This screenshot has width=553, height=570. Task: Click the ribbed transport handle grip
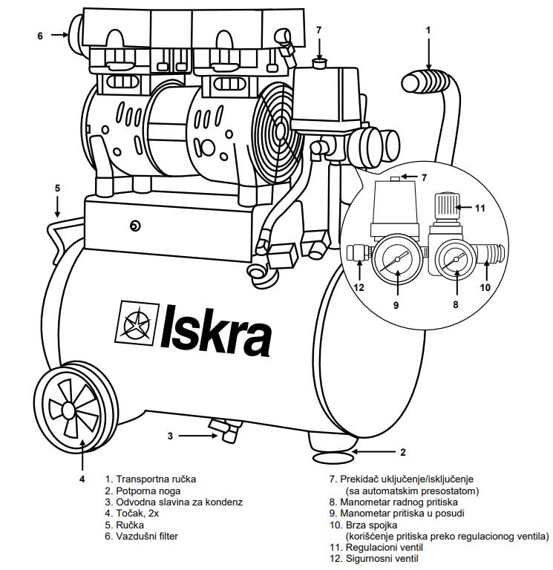point(428,79)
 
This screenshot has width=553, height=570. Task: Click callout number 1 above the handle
point(428,30)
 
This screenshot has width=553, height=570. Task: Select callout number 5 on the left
point(57,189)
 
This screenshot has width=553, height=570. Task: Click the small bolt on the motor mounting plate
point(134,226)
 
